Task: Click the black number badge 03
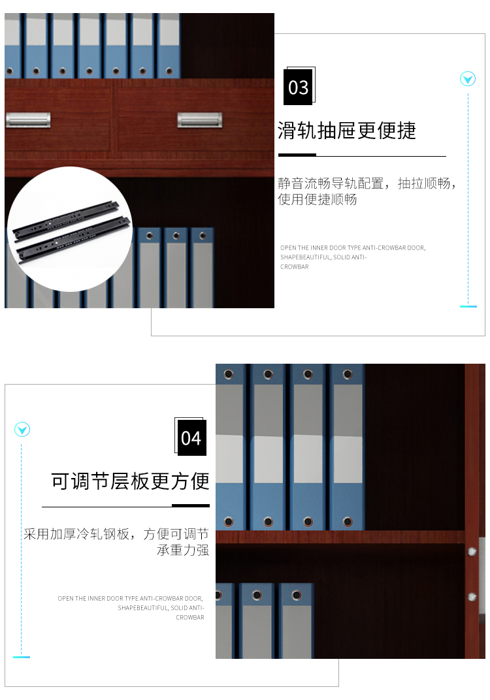298,87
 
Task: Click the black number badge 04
192,438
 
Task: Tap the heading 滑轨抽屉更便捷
347,131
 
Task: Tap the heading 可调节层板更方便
130,481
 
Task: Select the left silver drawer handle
28,119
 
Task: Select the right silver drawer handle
200,119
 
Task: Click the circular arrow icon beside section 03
468,79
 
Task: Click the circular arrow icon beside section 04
22,430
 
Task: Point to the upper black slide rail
66,219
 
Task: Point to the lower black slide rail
74,239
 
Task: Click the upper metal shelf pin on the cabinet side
472,552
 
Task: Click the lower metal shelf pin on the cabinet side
472,596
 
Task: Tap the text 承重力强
183,550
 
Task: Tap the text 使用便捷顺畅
318,199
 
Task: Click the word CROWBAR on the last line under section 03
295,266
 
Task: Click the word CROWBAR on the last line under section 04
190,618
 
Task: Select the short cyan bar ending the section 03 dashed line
468,306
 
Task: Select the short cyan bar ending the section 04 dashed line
22,657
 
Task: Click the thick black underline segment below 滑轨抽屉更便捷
297,155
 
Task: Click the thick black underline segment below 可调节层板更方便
191,505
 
